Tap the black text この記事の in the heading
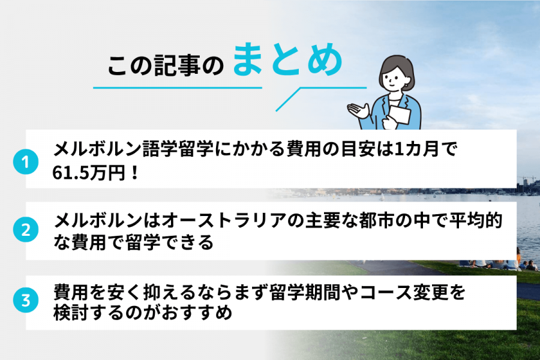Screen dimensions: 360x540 click(165, 67)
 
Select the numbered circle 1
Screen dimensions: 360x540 click(26, 162)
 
